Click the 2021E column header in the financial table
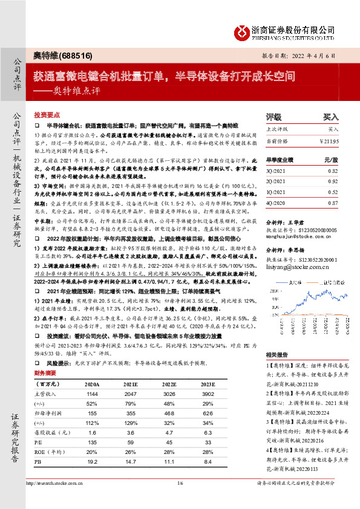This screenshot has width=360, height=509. click(129, 383)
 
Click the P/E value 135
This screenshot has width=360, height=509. click(93, 443)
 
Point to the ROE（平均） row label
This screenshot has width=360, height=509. click(49, 452)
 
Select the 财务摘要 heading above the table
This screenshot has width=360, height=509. click(46, 374)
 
